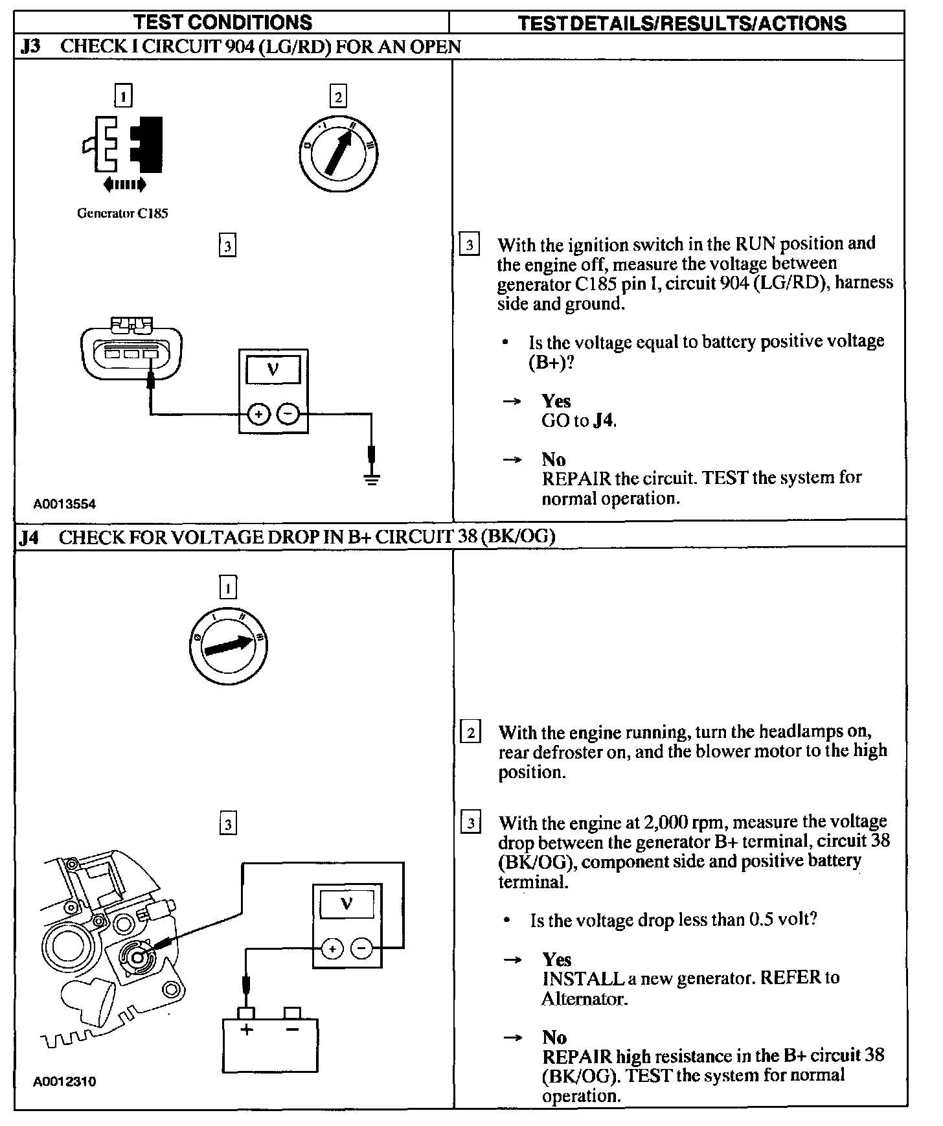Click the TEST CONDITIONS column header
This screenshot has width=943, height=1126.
click(x=223, y=23)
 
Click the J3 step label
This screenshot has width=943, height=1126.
click(x=30, y=47)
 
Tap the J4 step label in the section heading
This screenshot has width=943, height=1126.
click(x=30, y=537)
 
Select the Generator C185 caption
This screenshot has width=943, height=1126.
click(x=122, y=213)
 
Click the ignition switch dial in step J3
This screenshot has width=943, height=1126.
click(x=339, y=155)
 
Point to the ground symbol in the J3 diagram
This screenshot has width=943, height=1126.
click(x=371, y=479)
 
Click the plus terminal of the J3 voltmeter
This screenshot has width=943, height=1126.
click(x=258, y=413)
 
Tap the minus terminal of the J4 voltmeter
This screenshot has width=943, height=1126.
click(x=361, y=949)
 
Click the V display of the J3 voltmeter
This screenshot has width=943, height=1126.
click(x=273, y=370)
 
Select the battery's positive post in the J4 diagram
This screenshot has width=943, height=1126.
click(x=246, y=1013)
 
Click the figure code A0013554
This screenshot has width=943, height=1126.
click(x=65, y=504)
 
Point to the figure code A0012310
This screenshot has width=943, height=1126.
click(x=65, y=1081)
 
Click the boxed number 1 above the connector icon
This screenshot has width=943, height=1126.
click(x=123, y=96)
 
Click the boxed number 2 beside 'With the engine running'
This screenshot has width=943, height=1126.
click(x=470, y=733)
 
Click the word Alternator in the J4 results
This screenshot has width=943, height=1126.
click(x=584, y=998)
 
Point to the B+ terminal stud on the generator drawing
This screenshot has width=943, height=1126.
click(x=137, y=956)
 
